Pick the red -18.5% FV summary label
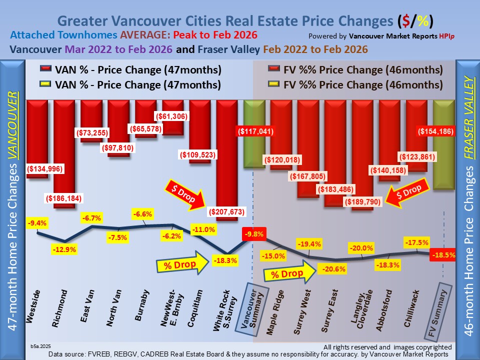(443, 254)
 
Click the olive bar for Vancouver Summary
(254, 134)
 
